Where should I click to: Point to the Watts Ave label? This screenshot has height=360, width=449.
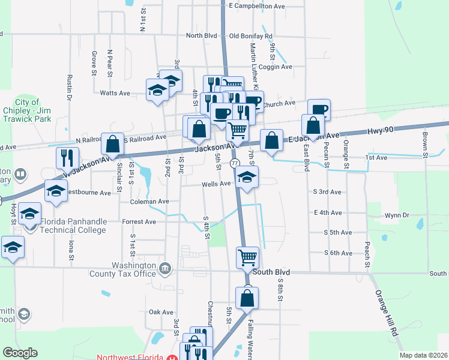click(x=115, y=93)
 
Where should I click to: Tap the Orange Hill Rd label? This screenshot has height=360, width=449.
click(x=387, y=313)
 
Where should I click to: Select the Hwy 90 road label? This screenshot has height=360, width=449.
click(x=382, y=129)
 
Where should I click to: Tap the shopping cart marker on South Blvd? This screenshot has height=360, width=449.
click(x=247, y=257)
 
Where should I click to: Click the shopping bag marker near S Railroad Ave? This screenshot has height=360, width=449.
click(x=112, y=143)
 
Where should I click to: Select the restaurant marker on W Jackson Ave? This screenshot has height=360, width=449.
click(x=67, y=158)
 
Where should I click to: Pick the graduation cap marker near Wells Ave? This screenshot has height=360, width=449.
click(x=247, y=177)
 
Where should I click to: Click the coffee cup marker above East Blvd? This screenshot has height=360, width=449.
click(x=319, y=109)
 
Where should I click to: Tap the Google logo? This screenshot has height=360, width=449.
click(x=20, y=353)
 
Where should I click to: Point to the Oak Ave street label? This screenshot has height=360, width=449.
click(x=161, y=312)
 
